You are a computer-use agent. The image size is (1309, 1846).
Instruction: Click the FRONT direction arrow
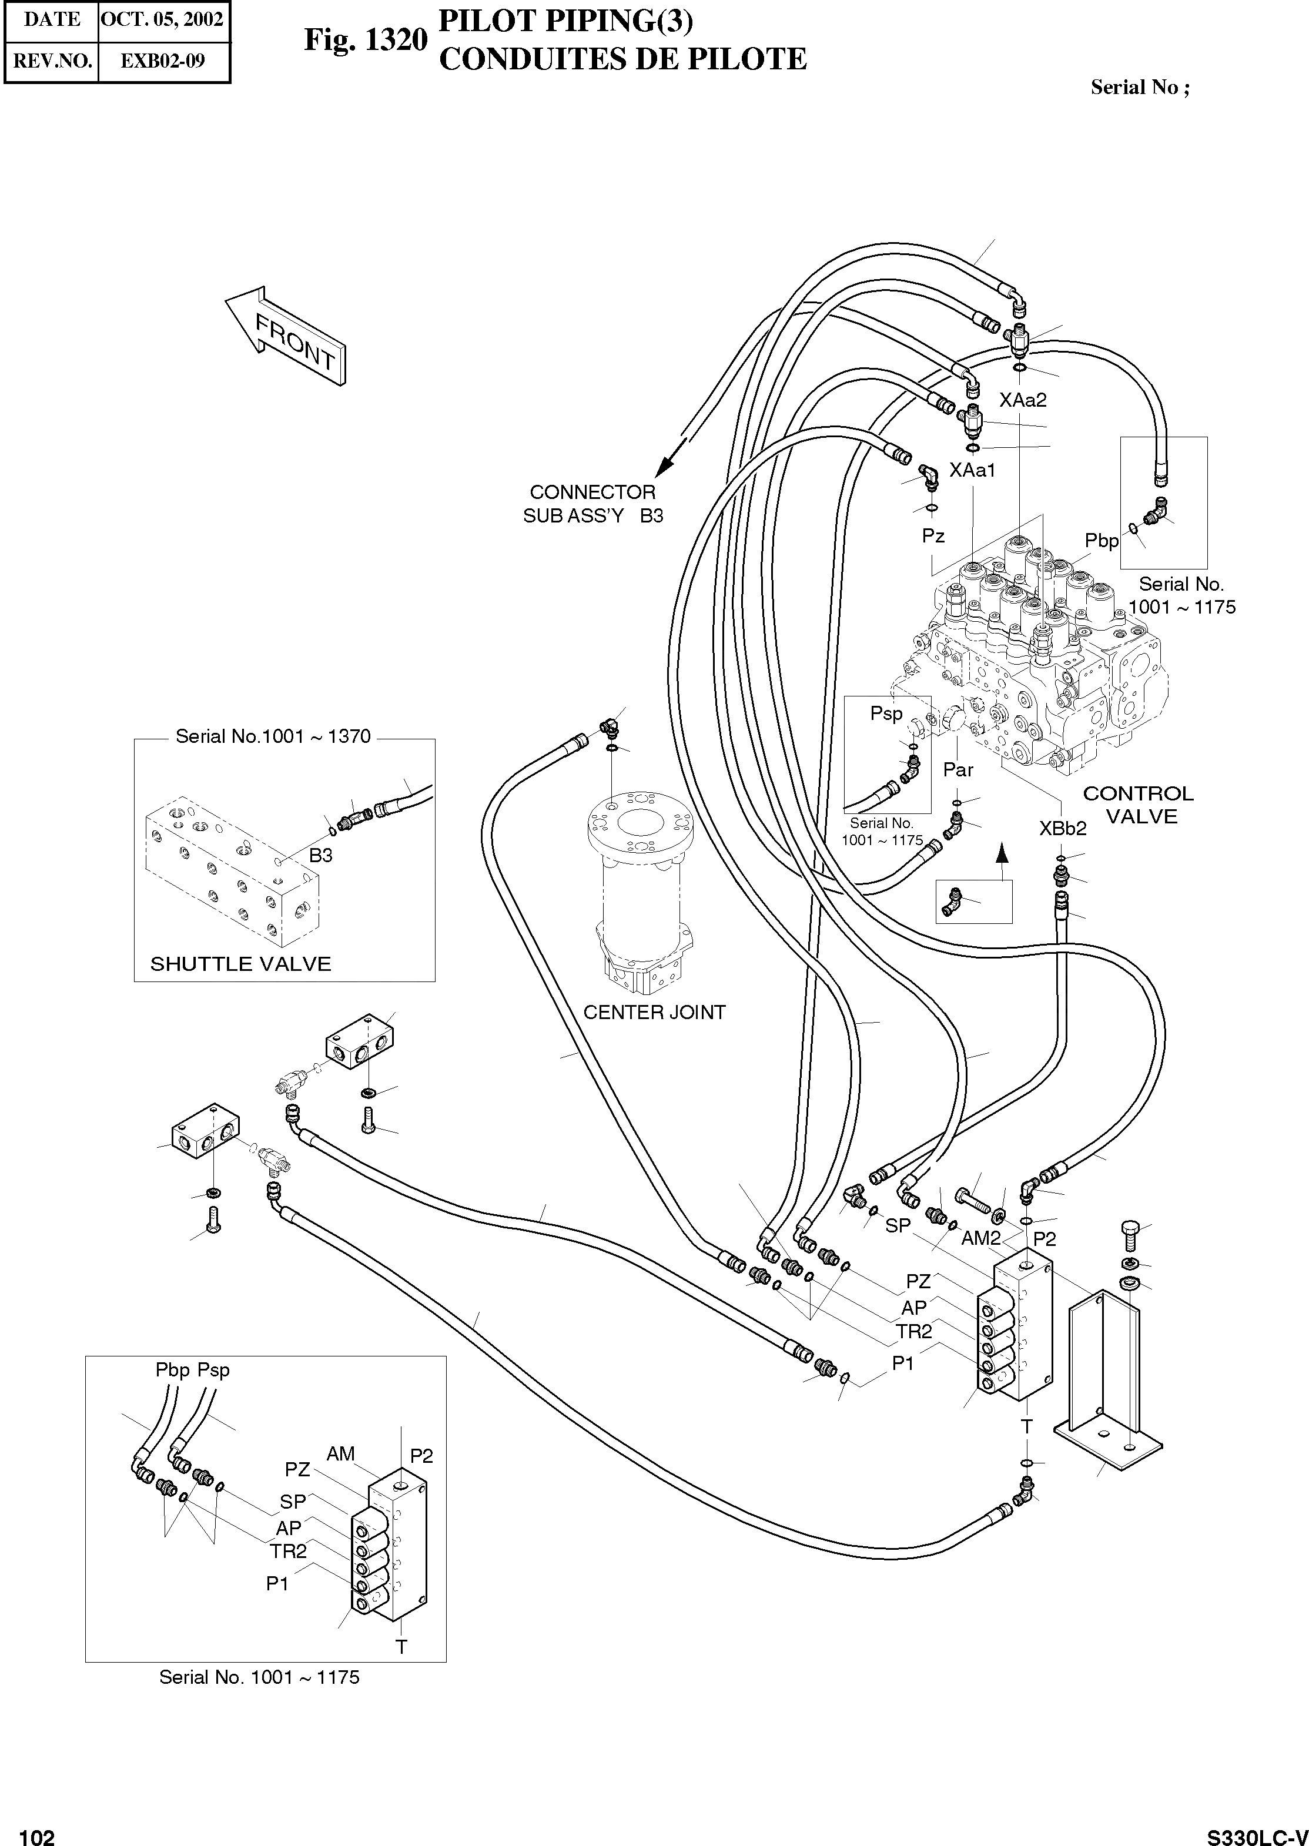pos(286,337)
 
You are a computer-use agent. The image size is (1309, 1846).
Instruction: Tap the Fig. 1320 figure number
pos(364,39)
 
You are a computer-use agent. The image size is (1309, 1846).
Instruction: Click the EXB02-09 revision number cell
pos(163,61)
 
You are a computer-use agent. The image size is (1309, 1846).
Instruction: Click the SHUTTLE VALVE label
pos(240,964)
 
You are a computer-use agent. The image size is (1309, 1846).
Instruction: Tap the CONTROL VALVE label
pos(1138,805)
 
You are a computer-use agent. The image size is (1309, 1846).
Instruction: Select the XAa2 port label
pos(1022,400)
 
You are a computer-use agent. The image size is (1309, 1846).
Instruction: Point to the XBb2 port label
pos(1062,827)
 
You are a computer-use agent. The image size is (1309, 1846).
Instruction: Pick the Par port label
pos(958,769)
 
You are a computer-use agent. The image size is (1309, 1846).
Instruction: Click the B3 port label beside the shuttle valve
pos(321,855)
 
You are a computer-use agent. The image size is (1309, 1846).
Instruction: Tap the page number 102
pos(37,1831)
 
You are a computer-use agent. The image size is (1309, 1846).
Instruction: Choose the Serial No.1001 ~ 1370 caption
pos(273,736)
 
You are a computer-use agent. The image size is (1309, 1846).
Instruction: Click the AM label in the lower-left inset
pos(340,1453)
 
